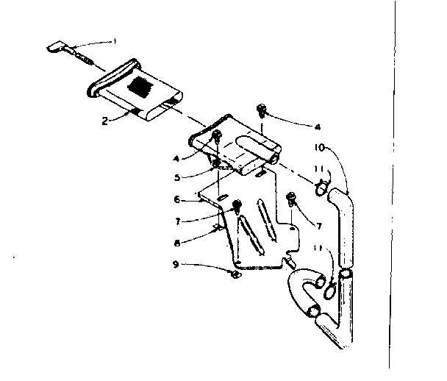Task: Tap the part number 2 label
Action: coord(106,120)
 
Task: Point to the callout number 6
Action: coord(178,199)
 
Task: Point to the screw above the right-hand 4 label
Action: coord(261,110)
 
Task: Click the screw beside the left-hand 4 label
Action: coord(217,137)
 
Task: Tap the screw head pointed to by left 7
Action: coord(236,206)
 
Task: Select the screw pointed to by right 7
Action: coord(293,196)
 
